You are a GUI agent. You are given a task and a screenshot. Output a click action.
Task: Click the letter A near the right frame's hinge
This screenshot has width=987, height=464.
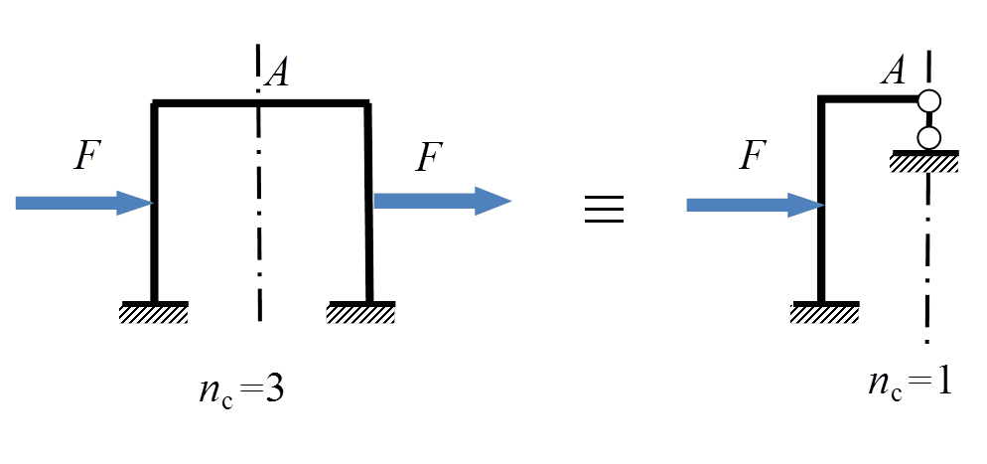point(895,71)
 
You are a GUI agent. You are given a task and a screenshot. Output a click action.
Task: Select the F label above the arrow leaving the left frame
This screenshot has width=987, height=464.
point(427,157)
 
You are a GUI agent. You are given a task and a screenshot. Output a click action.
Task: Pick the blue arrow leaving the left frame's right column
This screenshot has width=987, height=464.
point(441,202)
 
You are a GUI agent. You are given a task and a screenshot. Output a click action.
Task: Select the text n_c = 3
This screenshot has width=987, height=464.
point(242,388)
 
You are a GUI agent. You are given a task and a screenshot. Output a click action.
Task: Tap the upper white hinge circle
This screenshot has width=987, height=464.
point(929,101)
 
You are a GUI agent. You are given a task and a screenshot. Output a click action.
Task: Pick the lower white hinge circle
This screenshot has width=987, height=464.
point(929,136)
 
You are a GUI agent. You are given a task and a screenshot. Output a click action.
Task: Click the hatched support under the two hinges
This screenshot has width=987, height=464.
point(925,161)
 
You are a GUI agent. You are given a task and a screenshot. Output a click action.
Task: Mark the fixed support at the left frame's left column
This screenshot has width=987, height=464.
point(154,314)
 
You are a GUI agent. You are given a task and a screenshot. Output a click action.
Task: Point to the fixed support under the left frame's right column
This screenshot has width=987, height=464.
point(361,314)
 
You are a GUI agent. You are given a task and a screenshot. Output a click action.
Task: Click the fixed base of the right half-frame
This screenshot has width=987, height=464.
point(825,314)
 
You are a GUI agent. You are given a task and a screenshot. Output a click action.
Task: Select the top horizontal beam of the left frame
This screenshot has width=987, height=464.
point(261,102)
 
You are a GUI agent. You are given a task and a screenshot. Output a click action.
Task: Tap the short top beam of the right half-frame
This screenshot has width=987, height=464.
point(870,99)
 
